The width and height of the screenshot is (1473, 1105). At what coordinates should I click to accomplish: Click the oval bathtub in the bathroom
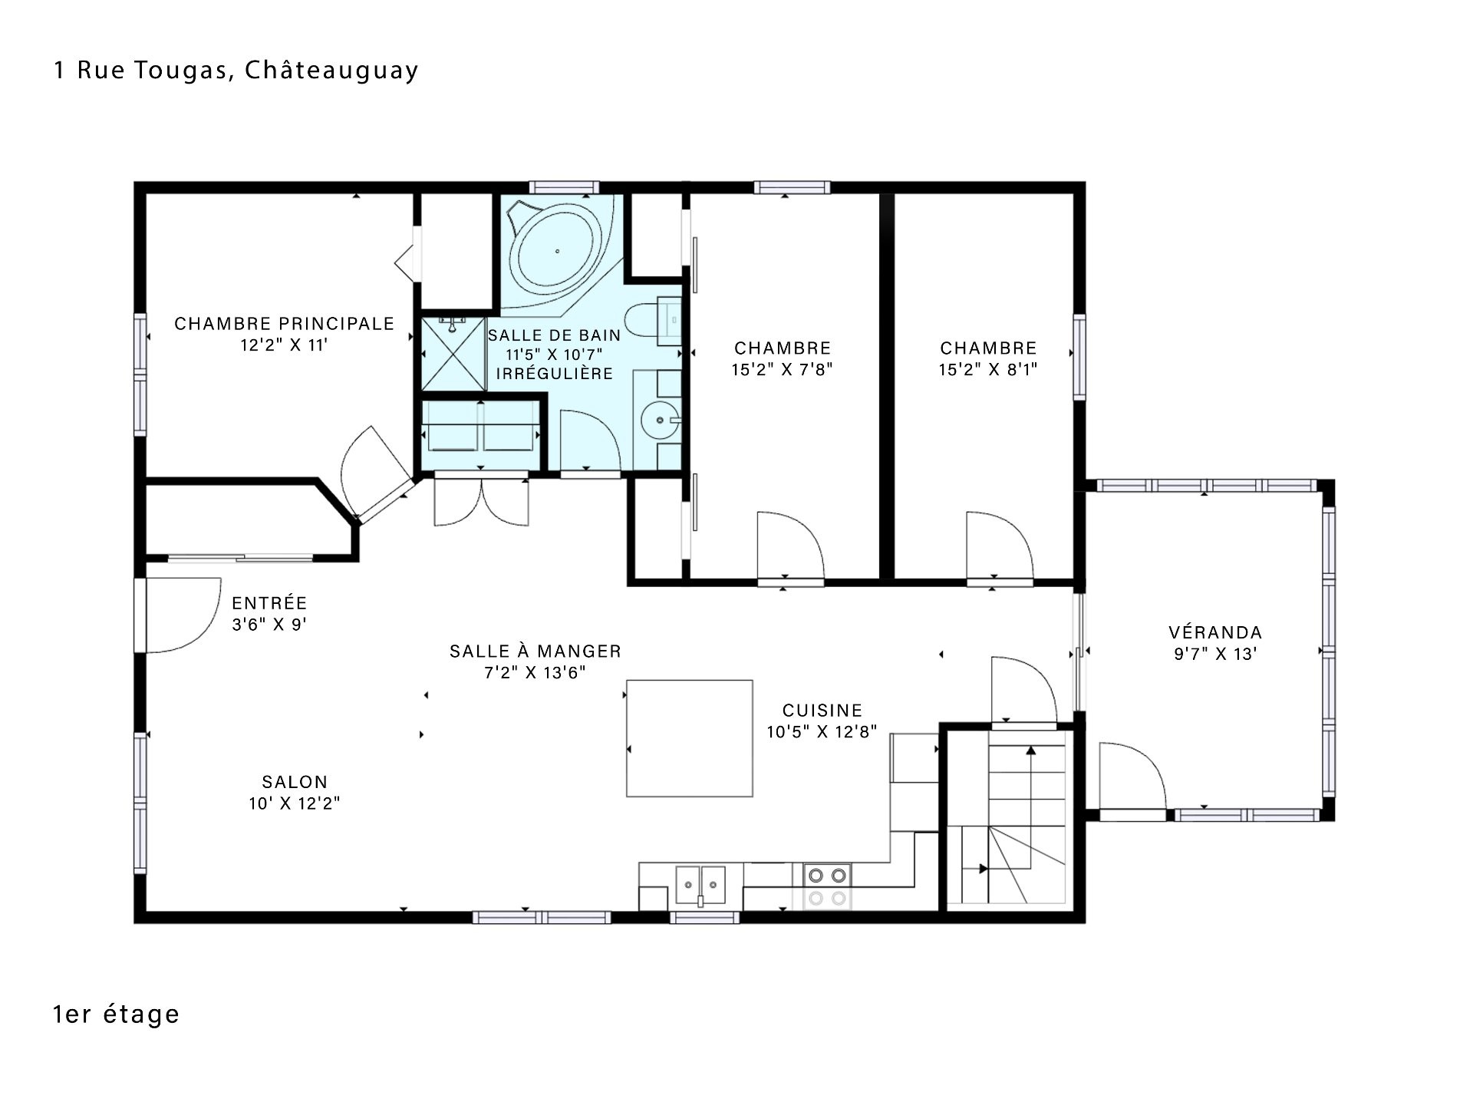point(558,250)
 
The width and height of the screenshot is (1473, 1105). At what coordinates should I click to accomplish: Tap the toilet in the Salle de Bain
point(652,321)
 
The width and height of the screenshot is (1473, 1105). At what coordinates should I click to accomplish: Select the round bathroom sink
point(660,420)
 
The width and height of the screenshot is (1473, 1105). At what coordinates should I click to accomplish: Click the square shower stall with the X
point(454,354)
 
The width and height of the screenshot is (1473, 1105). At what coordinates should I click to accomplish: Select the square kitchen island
point(689,738)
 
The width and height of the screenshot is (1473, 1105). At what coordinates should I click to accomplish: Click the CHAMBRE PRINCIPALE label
point(284,324)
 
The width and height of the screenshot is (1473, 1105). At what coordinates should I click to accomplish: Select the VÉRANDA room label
point(1215,632)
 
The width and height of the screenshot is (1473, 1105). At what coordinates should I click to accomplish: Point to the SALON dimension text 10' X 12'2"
point(295,803)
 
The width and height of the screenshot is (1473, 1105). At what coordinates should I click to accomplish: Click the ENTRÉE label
point(269,603)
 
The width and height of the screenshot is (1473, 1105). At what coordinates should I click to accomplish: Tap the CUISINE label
point(822,711)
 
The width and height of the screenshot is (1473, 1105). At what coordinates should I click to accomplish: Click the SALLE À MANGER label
point(535,651)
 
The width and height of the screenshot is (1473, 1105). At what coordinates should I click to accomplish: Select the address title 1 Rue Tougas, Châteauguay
point(236,71)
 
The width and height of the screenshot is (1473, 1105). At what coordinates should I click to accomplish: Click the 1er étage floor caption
point(116,1014)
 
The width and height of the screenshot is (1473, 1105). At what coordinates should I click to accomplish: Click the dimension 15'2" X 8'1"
point(988,370)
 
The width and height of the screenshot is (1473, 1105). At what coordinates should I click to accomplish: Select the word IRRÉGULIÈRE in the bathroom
point(555,374)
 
